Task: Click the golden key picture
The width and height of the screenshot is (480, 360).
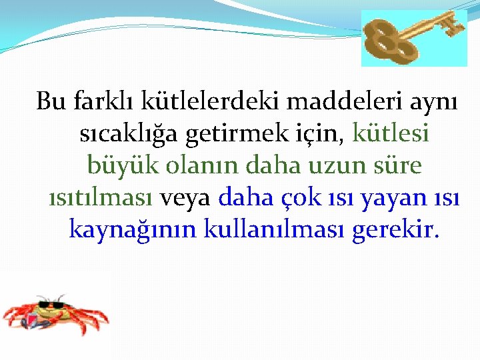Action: (415, 38)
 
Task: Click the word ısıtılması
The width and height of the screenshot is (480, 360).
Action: (102, 197)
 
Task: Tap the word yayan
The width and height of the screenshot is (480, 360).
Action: (373, 199)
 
